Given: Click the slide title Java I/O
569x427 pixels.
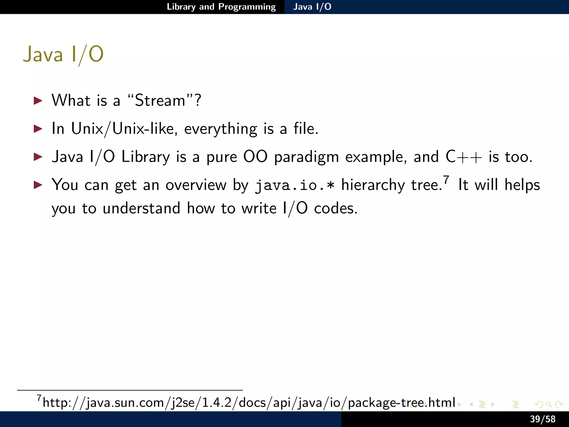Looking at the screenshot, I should (x=63, y=54).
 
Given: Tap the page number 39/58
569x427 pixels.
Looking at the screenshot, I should (x=543, y=419).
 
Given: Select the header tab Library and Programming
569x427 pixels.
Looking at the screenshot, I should (x=221, y=7).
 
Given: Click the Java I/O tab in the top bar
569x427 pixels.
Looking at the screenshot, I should (x=312, y=7).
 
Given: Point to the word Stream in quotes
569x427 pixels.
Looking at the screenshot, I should (x=160, y=100).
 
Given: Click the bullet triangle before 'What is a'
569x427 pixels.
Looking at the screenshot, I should (x=38, y=100).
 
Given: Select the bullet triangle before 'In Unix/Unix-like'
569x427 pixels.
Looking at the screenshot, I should (x=38, y=129).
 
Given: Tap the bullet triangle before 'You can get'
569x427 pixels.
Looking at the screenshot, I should (x=38, y=185).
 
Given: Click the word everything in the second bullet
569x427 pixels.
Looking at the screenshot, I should (x=221, y=129).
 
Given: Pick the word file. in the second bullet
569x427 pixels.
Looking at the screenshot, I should (x=306, y=129).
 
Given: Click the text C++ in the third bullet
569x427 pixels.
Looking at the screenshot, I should (x=464, y=157).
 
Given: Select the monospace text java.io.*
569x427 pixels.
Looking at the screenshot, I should (x=295, y=185).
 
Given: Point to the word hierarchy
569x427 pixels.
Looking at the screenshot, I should (x=373, y=185).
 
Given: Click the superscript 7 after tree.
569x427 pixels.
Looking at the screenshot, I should (x=446, y=180).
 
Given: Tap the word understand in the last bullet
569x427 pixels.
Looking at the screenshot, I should (x=141, y=208).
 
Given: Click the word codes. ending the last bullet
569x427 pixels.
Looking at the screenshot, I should (x=336, y=208).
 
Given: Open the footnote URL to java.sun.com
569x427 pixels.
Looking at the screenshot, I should (x=249, y=403).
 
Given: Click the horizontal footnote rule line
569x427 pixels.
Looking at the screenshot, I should (x=130, y=390).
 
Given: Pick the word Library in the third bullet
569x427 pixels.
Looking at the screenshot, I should (x=146, y=157).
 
